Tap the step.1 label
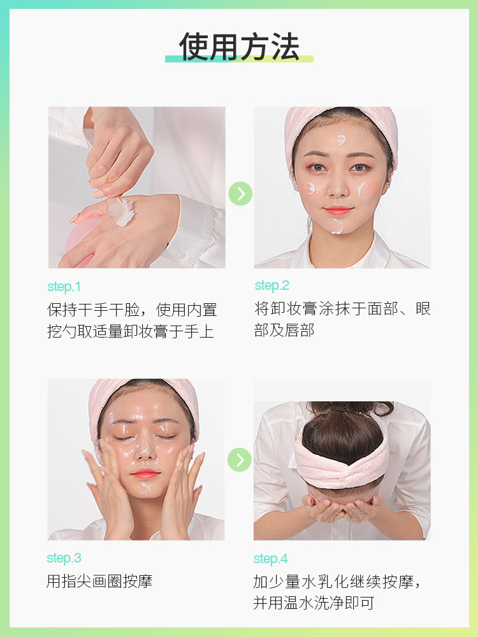coord(64,287)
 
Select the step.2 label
coord(272,285)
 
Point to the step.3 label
coord(64,559)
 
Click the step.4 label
coord(271,559)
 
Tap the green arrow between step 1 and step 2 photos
coord(240,194)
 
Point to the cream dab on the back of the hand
coord(123,211)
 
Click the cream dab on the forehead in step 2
coord(342,140)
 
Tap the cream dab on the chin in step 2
coord(337,226)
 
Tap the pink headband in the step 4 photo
coord(342,462)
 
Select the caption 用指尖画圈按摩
coord(99,581)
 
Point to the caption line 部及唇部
coord(284,331)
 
